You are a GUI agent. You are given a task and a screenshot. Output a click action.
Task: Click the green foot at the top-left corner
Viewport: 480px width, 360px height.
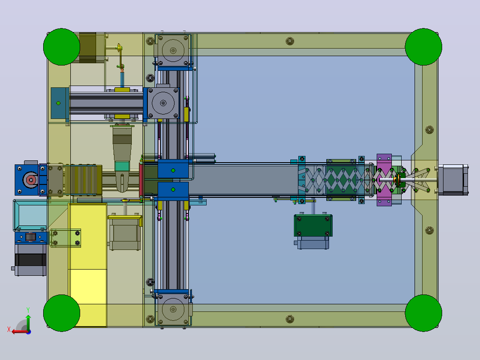[61, 47]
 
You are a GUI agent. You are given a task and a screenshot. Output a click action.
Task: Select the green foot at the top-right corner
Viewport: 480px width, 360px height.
[423, 47]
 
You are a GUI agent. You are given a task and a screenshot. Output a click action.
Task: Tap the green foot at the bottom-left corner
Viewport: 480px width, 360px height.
[61, 313]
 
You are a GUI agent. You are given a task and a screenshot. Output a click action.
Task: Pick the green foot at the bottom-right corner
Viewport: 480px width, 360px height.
[423, 313]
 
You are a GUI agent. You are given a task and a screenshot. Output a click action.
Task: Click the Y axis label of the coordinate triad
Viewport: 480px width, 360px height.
[28, 310]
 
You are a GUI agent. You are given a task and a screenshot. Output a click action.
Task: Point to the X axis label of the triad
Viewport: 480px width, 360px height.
[9, 330]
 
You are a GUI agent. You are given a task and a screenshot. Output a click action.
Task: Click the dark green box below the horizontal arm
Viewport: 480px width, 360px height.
[313, 225]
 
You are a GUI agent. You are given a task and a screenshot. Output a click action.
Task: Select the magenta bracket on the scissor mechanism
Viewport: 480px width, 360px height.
[384, 180]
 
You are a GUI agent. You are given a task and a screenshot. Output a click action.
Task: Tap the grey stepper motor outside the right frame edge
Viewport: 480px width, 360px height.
[453, 180]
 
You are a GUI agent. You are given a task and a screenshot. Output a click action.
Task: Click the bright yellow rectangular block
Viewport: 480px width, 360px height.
[88, 265]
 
